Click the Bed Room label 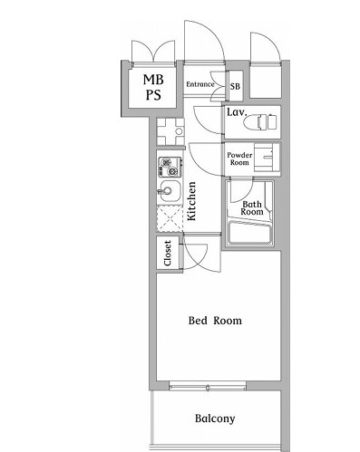(215, 321)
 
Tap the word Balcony (215, 418)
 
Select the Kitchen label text (192, 201)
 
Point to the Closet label (168, 253)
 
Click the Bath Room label (252, 208)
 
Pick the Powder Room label (239, 159)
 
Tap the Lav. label (237, 112)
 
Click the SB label (235, 86)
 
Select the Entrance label (200, 84)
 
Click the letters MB (153, 80)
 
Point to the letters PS (153, 95)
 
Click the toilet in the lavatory (260, 122)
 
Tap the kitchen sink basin (170, 191)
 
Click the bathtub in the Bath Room (250, 233)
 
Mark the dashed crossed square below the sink (170, 218)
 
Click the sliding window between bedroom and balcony (208, 386)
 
